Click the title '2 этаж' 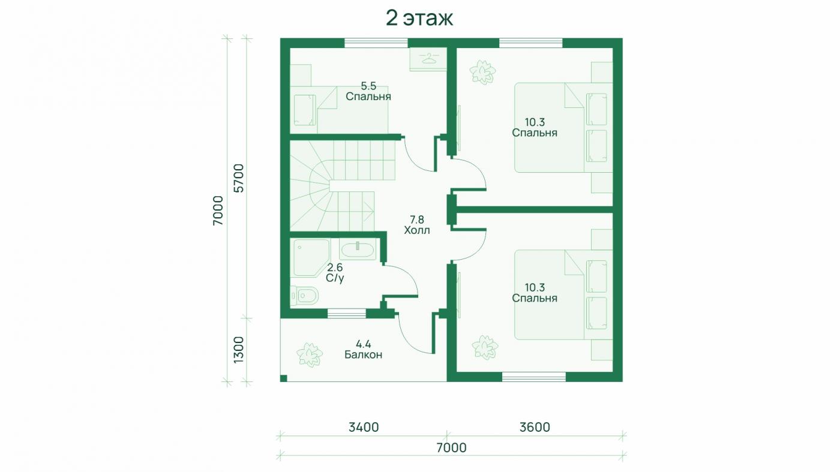tap(419, 19)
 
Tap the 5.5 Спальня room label tap(368, 91)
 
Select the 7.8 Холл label tap(416, 224)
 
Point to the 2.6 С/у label tap(335, 273)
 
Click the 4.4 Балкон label tap(363, 349)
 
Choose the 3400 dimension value tap(364, 427)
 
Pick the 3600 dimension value tap(535, 427)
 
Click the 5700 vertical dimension tap(239, 178)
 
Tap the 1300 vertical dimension tap(239, 350)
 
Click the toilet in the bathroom tap(304, 296)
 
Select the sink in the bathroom tap(358, 249)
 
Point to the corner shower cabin tap(310, 258)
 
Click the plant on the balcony tap(310, 354)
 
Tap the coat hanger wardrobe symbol tap(428, 59)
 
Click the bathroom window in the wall tap(347, 313)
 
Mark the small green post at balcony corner tap(284, 378)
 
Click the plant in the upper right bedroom tap(482, 72)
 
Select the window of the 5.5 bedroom tap(376, 43)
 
